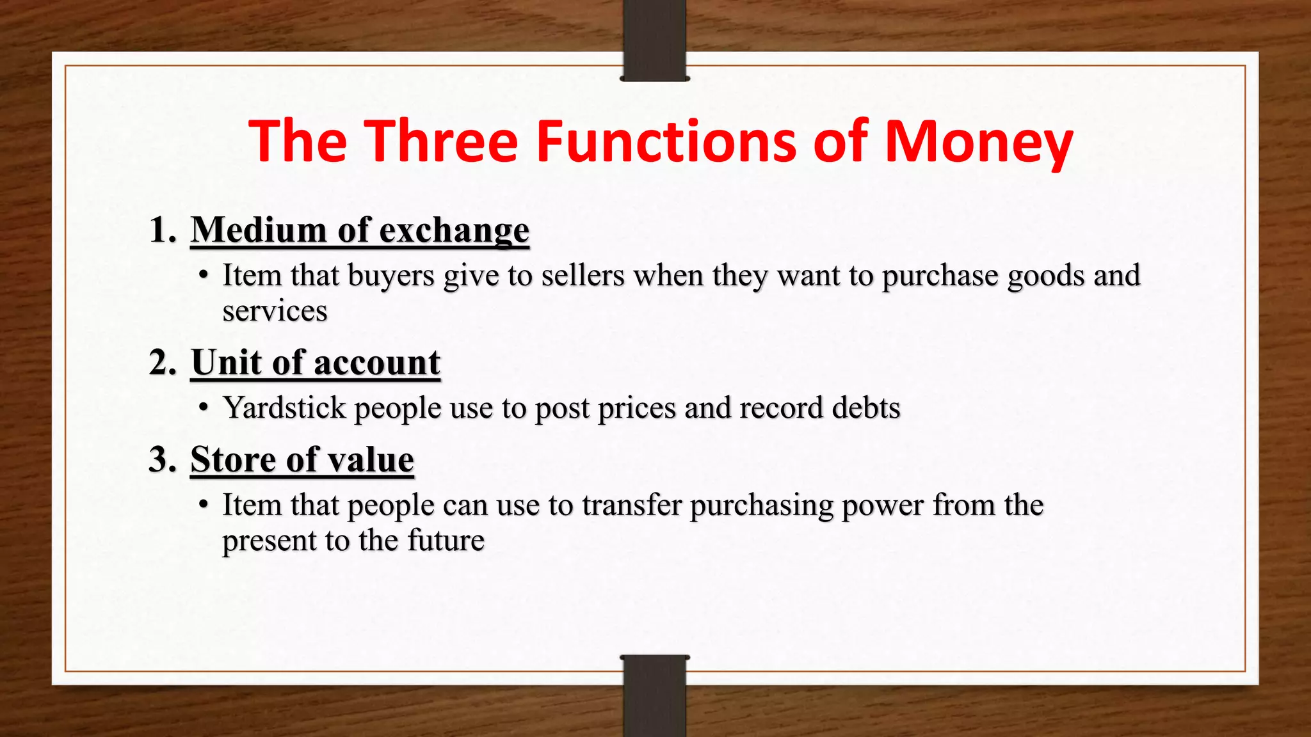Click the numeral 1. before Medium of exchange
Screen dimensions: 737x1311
tap(163, 230)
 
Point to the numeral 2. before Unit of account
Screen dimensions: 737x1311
tap(163, 363)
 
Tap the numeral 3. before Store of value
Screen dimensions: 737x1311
tap(163, 459)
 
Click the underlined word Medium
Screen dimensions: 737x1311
tap(259, 230)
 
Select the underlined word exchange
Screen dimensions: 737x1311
tap(454, 231)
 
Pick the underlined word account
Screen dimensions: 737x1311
tap(377, 363)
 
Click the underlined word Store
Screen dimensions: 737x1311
tap(233, 459)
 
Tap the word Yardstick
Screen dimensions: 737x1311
tap(284, 408)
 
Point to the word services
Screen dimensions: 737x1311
tap(275, 312)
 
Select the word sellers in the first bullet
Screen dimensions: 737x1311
tap(583, 276)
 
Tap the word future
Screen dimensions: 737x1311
tap(446, 541)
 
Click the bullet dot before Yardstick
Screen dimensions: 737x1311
tap(204, 408)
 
